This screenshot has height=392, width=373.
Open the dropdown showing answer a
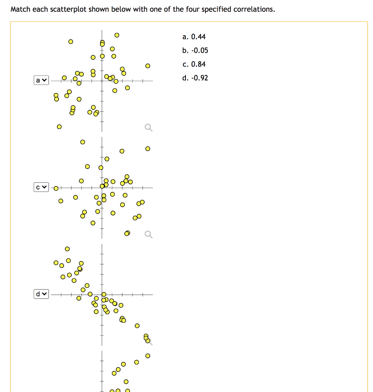(x=41, y=80)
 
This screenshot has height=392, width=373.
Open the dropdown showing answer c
(x=41, y=187)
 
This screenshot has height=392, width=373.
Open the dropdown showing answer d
(x=41, y=294)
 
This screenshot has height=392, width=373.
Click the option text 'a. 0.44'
(x=194, y=37)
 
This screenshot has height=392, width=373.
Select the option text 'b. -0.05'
(x=195, y=51)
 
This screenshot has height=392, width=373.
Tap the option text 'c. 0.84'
(x=194, y=64)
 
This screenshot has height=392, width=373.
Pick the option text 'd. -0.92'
(x=195, y=78)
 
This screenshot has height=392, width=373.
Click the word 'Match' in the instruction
(x=20, y=9)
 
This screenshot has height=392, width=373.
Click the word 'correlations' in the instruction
(x=255, y=9)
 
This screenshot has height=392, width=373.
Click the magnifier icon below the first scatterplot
(x=148, y=127)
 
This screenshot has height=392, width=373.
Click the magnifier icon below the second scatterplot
(x=148, y=234)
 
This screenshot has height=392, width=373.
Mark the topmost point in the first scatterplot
(x=117, y=35)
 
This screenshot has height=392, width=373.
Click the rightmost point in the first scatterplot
(x=148, y=66)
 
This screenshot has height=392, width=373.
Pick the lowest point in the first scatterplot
(x=59, y=126)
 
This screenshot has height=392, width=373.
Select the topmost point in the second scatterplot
(x=82, y=142)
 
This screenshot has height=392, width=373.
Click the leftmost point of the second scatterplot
(x=56, y=188)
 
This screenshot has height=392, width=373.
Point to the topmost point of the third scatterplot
(x=67, y=249)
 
